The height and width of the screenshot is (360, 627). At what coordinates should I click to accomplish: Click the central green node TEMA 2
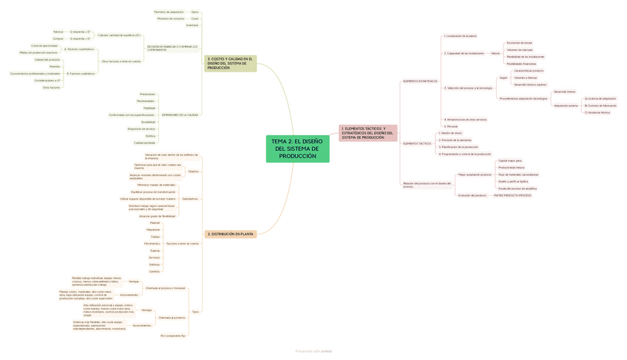(x=297, y=149)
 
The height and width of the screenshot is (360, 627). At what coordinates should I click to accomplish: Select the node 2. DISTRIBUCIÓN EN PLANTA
(x=231, y=234)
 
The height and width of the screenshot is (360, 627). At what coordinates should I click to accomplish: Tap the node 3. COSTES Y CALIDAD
(x=230, y=63)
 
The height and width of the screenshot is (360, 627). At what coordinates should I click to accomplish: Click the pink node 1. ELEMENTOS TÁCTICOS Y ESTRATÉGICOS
(x=368, y=132)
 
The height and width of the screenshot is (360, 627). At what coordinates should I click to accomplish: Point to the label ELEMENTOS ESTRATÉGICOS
(x=419, y=81)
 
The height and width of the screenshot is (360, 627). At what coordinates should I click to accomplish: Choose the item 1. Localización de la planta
(x=460, y=35)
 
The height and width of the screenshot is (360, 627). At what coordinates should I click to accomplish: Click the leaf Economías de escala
(x=519, y=43)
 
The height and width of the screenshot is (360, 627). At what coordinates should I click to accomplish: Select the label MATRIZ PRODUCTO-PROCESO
(x=513, y=195)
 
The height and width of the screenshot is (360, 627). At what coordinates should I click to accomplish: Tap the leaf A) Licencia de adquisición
(x=599, y=98)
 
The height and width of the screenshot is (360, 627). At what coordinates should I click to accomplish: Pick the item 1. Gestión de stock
(x=450, y=133)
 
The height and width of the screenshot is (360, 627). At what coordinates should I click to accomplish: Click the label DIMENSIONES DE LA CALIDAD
(x=180, y=115)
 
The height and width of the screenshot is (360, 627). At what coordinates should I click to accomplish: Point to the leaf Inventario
(x=192, y=25)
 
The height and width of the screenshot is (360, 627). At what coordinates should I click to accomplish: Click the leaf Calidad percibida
(x=144, y=143)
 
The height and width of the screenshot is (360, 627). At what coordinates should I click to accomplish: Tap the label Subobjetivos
(x=190, y=199)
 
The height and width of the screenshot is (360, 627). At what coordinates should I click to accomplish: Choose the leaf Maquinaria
(x=154, y=229)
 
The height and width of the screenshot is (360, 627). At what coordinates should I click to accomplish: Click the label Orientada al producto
(x=172, y=317)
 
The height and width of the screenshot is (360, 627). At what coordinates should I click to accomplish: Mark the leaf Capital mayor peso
(x=510, y=160)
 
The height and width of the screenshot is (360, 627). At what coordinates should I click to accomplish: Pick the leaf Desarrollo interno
(x=565, y=92)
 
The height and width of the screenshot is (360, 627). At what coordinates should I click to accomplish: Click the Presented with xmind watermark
(x=313, y=352)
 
